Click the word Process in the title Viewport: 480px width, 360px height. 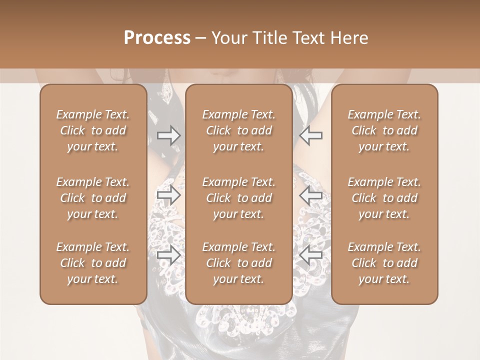click(x=157, y=38)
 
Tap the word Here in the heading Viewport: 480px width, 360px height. click(x=349, y=38)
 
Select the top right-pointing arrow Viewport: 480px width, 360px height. click(x=168, y=135)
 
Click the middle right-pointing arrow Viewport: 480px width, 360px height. click(x=168, y=195)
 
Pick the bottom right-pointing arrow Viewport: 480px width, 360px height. click(x=168, y=255)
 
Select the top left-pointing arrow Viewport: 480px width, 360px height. click(x=310, y=135)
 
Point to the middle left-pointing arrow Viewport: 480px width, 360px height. click(x=310, y=195)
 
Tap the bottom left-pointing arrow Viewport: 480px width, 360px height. click(x=310, y=255)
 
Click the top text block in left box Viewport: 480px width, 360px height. click(x=93, y=130)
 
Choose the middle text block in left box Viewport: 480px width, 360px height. click(x=93, y=198)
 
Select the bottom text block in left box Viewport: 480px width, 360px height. click(x=93, y=263)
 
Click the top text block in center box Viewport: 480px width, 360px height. click(x=238, y=130)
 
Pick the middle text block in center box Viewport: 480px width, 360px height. click(x=238, y=198)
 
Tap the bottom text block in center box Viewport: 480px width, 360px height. click(x=238, y=263)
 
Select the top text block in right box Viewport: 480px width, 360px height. click(x=384, y=130)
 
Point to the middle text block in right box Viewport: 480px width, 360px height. click(x=384, y=198)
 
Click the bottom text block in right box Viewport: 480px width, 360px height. click(x=384, y=263)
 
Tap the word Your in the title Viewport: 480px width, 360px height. click(x=228, y=38)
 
